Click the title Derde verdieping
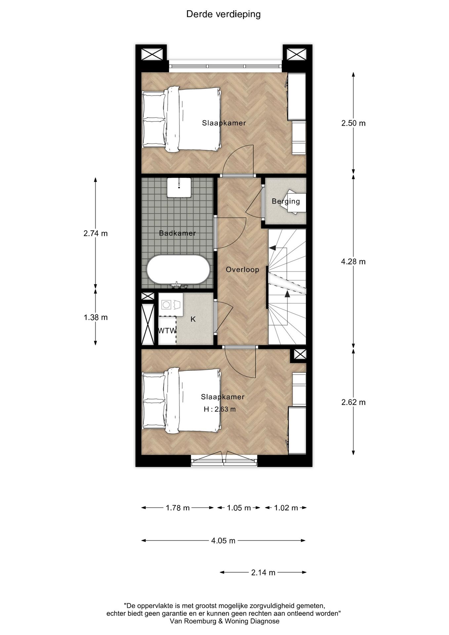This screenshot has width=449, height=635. pos(224,14)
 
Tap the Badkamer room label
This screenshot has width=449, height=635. pos(177,233)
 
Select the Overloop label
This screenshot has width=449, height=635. pos(242,270)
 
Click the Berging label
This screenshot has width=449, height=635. pos(286,201)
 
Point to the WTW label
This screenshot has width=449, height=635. pos(167,331)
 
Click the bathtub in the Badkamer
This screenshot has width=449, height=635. pos(178,270)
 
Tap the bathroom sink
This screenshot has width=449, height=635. pos(179,187)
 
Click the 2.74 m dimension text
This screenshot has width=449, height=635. pos(96,233)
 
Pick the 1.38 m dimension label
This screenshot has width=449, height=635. pos(96,317)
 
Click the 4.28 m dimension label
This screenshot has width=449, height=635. pos(353,262)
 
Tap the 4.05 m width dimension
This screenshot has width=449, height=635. pos(223,541)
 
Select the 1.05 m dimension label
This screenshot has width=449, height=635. pos(239,508)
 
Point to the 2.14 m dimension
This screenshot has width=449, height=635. pos(263,572)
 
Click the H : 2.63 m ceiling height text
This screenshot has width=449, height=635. pos(220,409)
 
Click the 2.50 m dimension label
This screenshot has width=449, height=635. pos(353,123)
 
